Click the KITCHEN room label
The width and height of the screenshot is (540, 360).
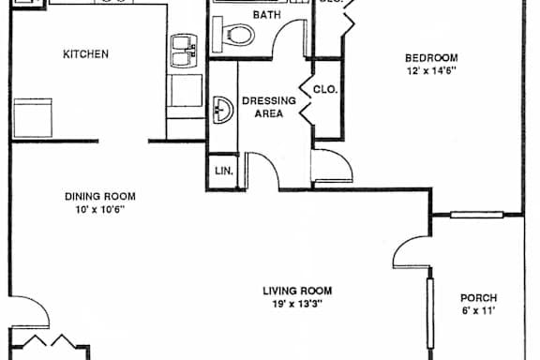[x=85, y=54]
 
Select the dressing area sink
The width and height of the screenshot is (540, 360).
[x=222, y=110]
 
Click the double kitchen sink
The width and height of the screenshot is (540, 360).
[x=185, y=51]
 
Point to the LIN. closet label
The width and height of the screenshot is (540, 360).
[x=224, y=171]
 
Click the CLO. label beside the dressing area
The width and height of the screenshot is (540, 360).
[x=325, y=90]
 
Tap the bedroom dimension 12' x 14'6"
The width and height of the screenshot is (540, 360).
[x=431, y=71]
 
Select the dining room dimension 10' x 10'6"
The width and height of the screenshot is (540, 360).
[x=100, y=209]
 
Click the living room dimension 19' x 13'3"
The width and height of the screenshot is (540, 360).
[x=297, y=304]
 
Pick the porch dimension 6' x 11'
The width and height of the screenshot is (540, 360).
[x=479, y=310]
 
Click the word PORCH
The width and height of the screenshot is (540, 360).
[x=479, y=297]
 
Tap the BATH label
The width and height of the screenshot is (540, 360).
[x=267, y=15]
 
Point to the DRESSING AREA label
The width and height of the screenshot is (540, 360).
[x=269, y=107]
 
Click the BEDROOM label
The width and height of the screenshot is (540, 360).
[x=431, y=58]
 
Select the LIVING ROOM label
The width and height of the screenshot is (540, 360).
[x=297, y=291]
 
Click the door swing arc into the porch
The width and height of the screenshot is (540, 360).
[x=402, y=244]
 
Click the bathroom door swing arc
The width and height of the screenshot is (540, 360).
[x=280, y=29]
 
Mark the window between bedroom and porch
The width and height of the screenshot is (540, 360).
[x=477, y=215]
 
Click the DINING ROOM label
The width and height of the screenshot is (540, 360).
[x=100, y=196]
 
